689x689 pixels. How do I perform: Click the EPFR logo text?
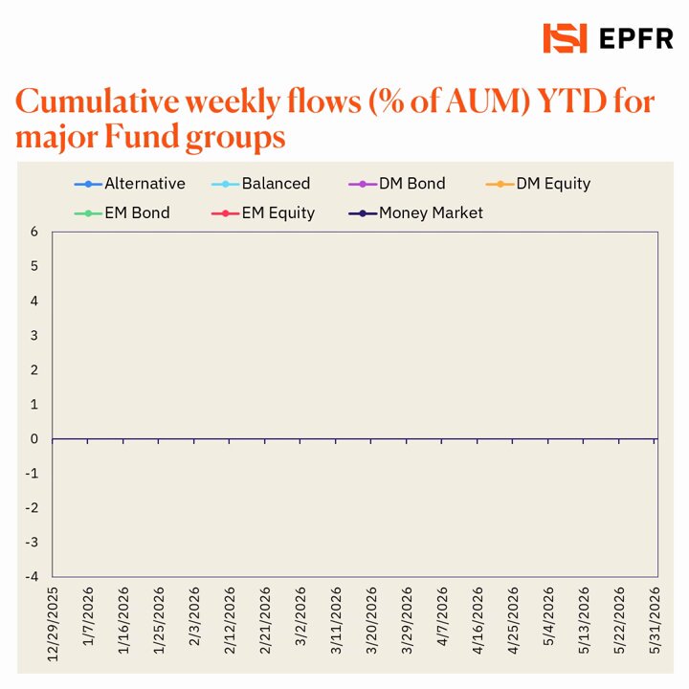[635, 38]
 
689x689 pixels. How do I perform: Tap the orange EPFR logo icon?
[565, 38]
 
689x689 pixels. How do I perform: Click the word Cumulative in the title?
[98, 101]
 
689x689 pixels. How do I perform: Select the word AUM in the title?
[487, 101]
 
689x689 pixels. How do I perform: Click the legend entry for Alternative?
[130, 184]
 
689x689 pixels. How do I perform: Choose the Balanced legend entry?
[260, 184]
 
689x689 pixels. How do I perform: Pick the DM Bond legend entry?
[397, 184]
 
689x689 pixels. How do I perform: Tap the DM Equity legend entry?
[538, 184]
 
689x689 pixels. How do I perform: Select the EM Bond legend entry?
[122, 213]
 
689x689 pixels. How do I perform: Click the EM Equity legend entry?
[263, 213]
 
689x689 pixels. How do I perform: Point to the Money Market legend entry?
[415, 213]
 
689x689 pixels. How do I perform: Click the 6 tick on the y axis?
[34, 232]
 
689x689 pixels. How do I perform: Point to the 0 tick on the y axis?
[34, 438]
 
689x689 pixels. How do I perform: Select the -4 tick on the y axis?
[33, 576]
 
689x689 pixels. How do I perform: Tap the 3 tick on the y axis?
[34, 335]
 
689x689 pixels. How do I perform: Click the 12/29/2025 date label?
[53, 624]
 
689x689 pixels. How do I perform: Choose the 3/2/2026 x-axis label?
[300, 616]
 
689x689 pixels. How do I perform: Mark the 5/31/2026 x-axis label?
[655, 620]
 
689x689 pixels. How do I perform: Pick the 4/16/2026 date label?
[478, 620]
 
